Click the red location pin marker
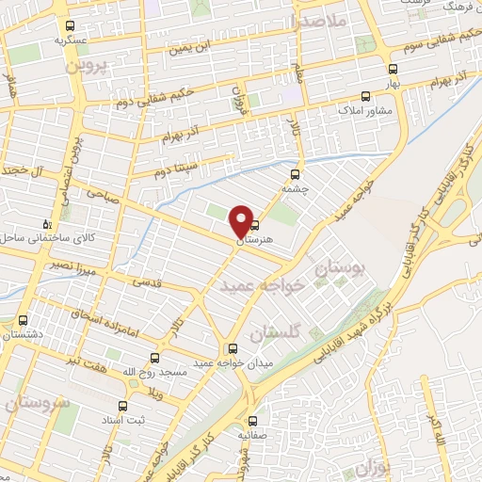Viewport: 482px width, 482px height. pyautogui.click(x=241, y=220)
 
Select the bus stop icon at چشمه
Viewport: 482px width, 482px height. pyautogui.click(x=296, y=173)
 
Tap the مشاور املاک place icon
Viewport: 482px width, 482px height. pyautogui.click(x=366, y=95)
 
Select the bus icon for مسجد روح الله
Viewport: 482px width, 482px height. pyautogui.click(x=155, y=357)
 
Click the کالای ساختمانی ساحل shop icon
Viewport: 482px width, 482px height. pyautogui.click(x=48, y=223)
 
